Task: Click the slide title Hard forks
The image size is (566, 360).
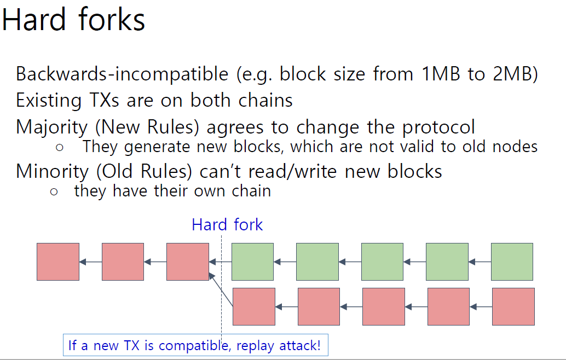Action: coord(73,20)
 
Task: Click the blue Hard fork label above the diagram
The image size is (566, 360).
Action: coord(227,225)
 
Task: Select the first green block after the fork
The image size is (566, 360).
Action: coord(252,262)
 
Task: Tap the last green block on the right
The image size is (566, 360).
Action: coord(512,262)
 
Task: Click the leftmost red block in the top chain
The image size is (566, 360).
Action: coord(58,262)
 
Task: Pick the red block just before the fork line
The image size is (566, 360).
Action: coord(188,262)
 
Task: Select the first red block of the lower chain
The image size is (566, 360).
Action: coord(254,306)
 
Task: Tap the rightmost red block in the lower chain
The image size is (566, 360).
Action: coord(513,306)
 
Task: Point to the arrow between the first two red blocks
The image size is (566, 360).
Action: coord(90,262)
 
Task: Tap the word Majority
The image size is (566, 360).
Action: coord(51,127)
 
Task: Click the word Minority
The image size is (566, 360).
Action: coord(51,171)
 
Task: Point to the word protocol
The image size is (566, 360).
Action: coord(438,127)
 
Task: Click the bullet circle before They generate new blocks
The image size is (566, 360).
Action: coord(60,148)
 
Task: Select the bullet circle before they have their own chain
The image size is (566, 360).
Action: coord(53,192)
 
